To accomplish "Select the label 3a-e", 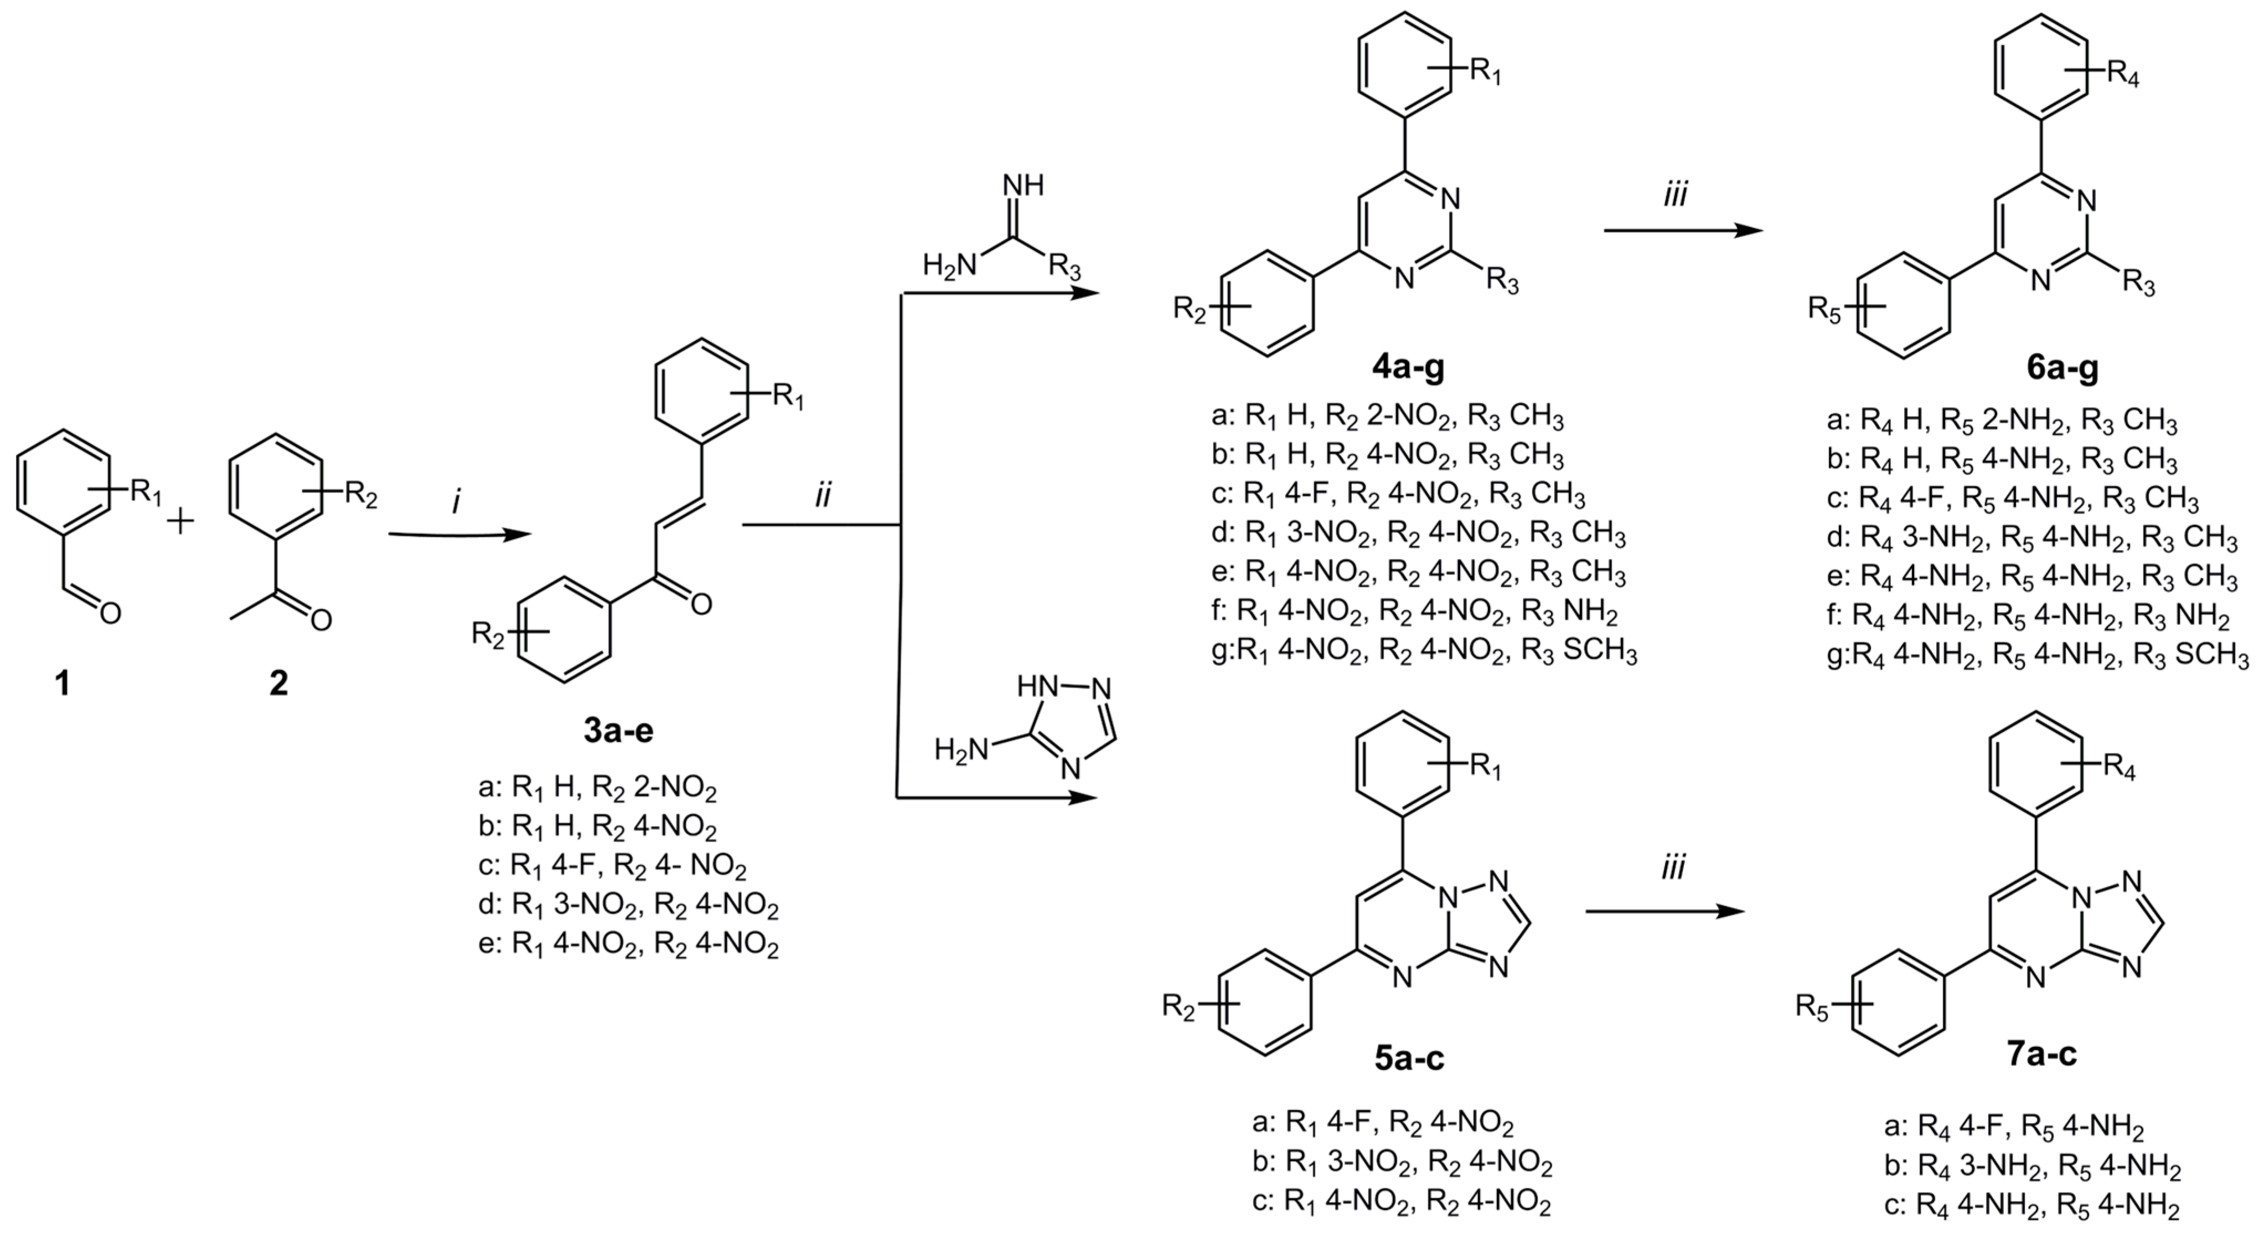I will pos(619,731).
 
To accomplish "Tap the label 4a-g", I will pos(1408,367).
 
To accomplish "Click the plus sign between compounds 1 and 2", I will pos(180,523).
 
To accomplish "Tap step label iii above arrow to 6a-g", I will pos(1675,195).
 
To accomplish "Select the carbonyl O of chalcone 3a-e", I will pos(701,604).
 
